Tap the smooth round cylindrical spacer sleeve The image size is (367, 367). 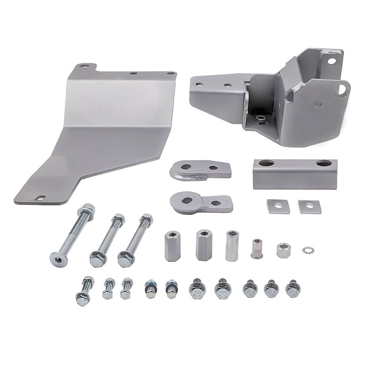232,246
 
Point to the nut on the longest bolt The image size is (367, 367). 88,211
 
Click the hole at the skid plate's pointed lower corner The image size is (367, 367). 40,198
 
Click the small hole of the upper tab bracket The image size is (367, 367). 213,168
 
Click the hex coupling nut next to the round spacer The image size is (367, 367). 203,245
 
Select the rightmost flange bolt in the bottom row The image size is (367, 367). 292,288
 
